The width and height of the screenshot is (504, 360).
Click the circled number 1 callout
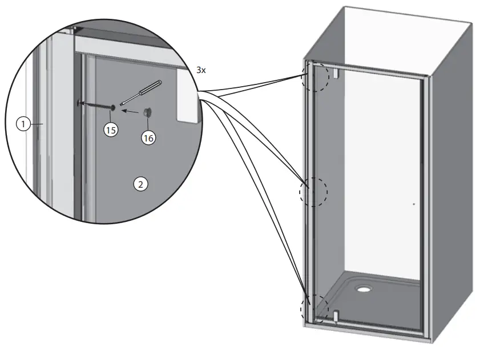point(22,123)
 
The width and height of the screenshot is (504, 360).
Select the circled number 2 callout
point(140,184)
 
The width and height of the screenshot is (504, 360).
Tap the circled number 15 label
point(111,130)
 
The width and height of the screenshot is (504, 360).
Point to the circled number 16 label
point(148,137)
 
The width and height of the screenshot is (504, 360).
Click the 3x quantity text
point(200,70)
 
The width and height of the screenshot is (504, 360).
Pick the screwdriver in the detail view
point(142,92)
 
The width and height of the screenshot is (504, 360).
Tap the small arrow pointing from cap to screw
point(131,112)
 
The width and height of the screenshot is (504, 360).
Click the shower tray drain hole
point(364,288)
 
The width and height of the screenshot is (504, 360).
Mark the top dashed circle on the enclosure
point(315,76)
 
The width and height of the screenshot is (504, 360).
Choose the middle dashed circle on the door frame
point(313,192)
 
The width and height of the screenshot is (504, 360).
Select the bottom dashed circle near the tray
point(315,309)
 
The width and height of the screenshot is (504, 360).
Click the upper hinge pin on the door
point(337,74)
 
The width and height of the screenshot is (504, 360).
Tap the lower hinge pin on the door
point(336,315)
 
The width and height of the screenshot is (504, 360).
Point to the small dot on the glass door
point(413,203)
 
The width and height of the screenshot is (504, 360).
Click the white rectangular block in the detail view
point(187,94)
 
